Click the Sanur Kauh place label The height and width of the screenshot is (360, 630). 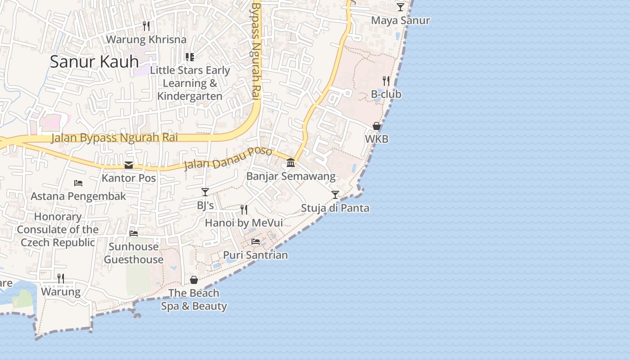(x=94, y=61)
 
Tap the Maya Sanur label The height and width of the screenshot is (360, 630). (x=400, y=21)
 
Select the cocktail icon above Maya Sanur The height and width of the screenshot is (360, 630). (x=400, y=7)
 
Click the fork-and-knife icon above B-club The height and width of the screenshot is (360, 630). (x=386, y=81)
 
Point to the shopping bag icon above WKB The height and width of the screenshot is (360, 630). (x=377, y=126)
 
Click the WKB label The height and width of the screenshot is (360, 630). (x=377, y=139)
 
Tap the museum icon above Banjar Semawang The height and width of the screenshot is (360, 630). (x=291, y=162)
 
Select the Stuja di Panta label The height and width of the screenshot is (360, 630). (x=335, y=208)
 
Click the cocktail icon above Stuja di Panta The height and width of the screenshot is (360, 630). (x=335, y=195)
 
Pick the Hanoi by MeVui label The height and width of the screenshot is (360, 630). (x=244, y=223)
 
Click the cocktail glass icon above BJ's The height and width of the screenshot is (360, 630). (x=205, y=192)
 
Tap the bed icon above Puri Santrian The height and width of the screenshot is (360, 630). (x=256, y=242)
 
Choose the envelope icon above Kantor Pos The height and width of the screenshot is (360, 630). (x=129, y=165)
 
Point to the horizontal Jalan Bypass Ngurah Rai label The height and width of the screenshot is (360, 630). (x=114, y=138)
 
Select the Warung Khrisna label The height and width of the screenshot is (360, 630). (x=146, y=39)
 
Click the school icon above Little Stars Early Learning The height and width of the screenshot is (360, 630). (x=190, y=57)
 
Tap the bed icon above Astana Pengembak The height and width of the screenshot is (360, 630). (x=78, y=183)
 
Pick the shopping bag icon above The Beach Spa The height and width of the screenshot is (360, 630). (x=194, y=280)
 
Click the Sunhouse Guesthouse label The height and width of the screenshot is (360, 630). (x=134, y=253)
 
